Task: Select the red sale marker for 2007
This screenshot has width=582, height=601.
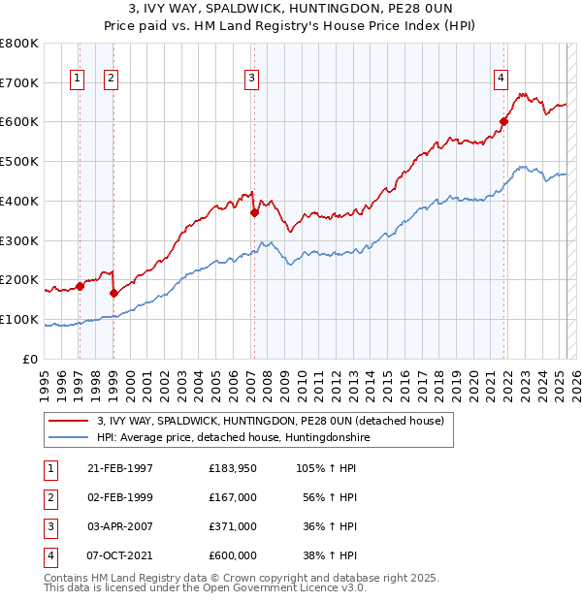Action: pyautogui.click(x=254, y=212)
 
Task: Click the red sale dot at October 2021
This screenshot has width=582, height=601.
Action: pyautogui.click(x=504, y=121)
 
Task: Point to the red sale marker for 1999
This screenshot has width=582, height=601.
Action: pyautogui.click(x=113, y=293)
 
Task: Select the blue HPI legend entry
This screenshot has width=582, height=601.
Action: pyautogui.click(x=233, y=438)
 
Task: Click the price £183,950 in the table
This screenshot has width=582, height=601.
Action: pyautogui.click(x=233, y=468)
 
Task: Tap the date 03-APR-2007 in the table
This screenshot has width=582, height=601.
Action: pyautogui.click(x=119, y=526)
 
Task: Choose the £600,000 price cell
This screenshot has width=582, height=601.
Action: pyautogui.click(x=233, y=555)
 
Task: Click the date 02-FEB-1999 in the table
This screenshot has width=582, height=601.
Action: pyautogui.click(x=119, y=497)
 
